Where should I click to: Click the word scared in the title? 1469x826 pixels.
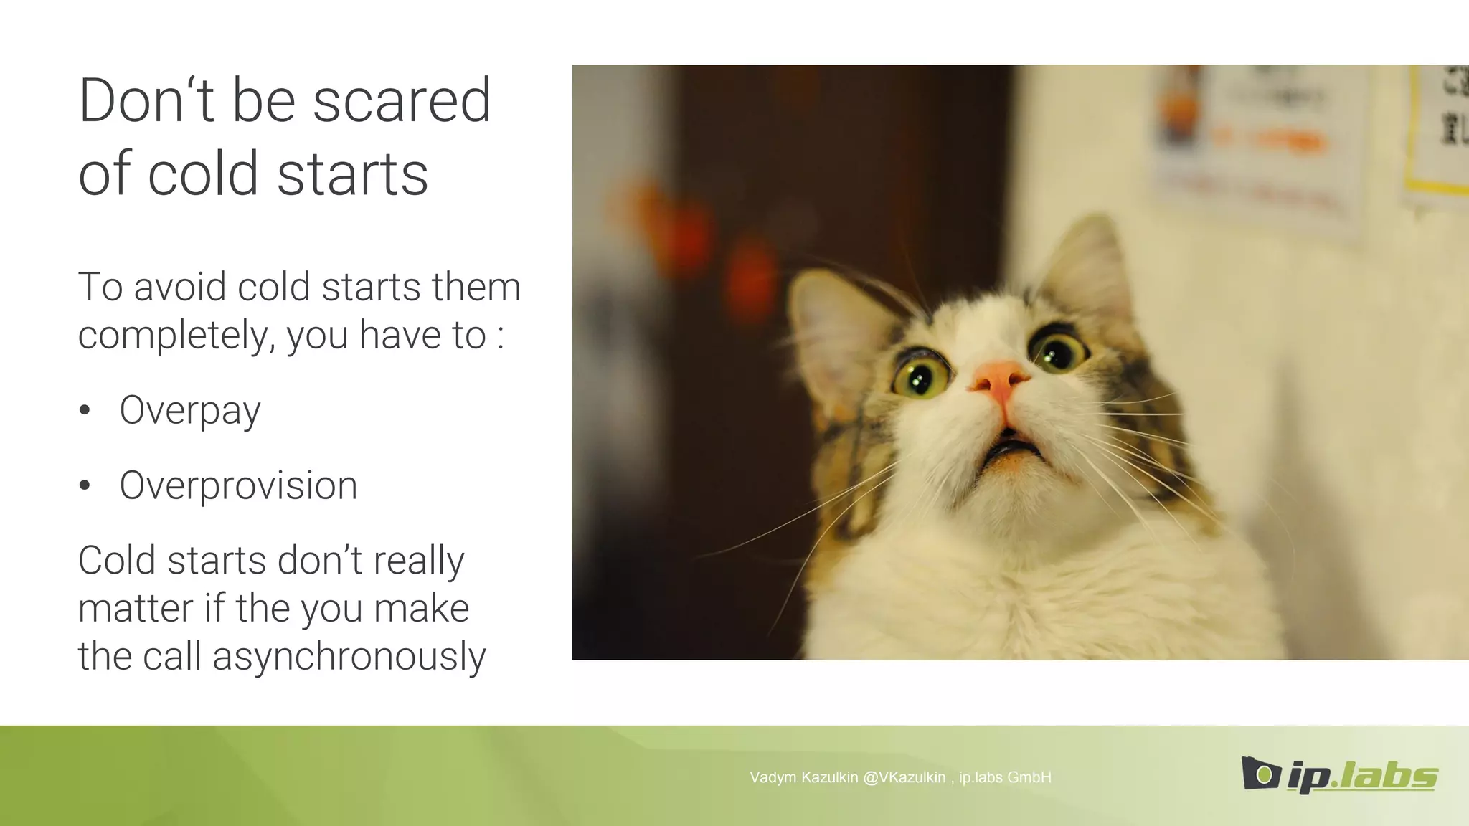click(402, 102)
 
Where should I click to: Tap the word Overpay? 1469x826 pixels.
click(190, 411)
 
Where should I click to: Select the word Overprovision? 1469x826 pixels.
click(238, 485)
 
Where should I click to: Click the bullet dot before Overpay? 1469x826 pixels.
click(85, 410)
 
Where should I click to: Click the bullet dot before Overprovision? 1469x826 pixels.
click(85, 485)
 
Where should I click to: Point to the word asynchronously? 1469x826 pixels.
click(349, 657)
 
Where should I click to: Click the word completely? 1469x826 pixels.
click(172, 336)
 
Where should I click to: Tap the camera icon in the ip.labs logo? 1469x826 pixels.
click(1260, 773)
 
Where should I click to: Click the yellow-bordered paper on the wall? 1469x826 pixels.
click(1438, 129)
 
